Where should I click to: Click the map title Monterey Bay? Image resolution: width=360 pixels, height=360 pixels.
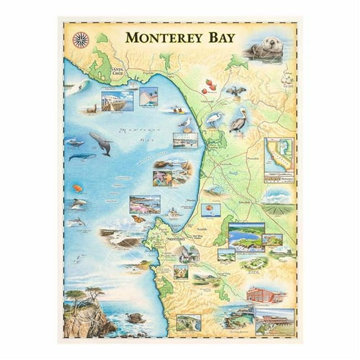click(x=180, y=37)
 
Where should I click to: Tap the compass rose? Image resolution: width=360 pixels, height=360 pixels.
click(x=80, y=39)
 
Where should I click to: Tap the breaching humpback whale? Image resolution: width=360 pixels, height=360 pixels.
click(x=100, y=143)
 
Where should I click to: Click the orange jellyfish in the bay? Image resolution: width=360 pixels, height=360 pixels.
click(x=77, y=187)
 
